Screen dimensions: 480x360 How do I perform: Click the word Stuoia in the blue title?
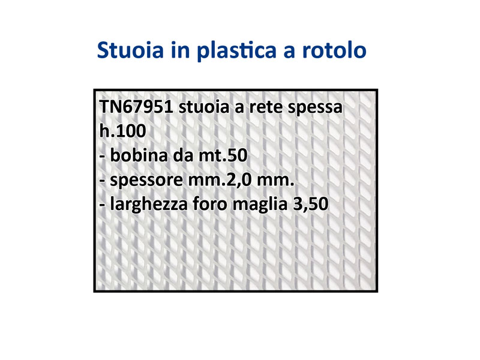point(130,50)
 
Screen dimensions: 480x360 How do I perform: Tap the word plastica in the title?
point(236,50)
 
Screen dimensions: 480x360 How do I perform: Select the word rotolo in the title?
point(334,50)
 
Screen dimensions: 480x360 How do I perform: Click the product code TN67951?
point(136,107)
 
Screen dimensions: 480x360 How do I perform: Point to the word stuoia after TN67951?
point(204,107)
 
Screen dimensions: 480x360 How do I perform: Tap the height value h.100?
point(123,131)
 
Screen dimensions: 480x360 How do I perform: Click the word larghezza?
point(149,205)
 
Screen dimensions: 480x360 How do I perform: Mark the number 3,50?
point(311,204)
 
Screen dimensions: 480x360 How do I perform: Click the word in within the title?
point(181,50)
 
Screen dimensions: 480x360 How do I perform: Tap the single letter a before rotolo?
point(289,52)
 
